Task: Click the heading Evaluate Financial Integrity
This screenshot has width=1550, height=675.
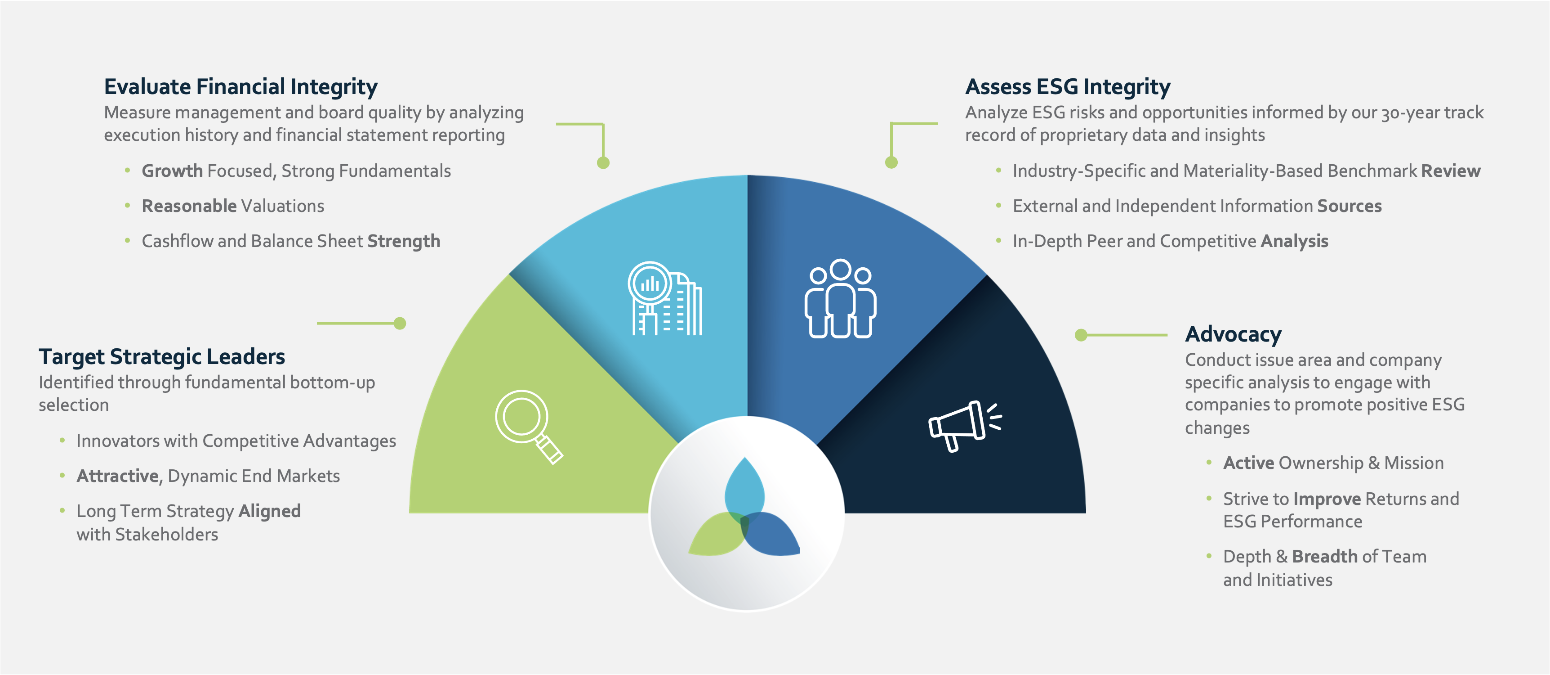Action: (241, 87)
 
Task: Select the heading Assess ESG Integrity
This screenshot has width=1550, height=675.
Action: (1068, 87)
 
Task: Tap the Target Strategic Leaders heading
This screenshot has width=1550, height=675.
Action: (162, 356)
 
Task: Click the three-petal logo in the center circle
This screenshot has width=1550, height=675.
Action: (744, 512)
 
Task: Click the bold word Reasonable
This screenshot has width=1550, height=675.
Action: (189, 206)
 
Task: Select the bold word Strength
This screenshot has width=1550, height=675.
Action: (404, 241)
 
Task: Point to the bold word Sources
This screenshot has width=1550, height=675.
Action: (1349, 206)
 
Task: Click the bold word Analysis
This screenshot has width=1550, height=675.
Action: (1294, 241)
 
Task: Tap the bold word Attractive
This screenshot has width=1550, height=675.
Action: (118, 476)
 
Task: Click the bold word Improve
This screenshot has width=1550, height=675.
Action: (1327, 499)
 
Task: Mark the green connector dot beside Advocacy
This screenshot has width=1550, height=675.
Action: (1081, 335)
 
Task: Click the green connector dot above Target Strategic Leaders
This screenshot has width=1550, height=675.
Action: (400, 324)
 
